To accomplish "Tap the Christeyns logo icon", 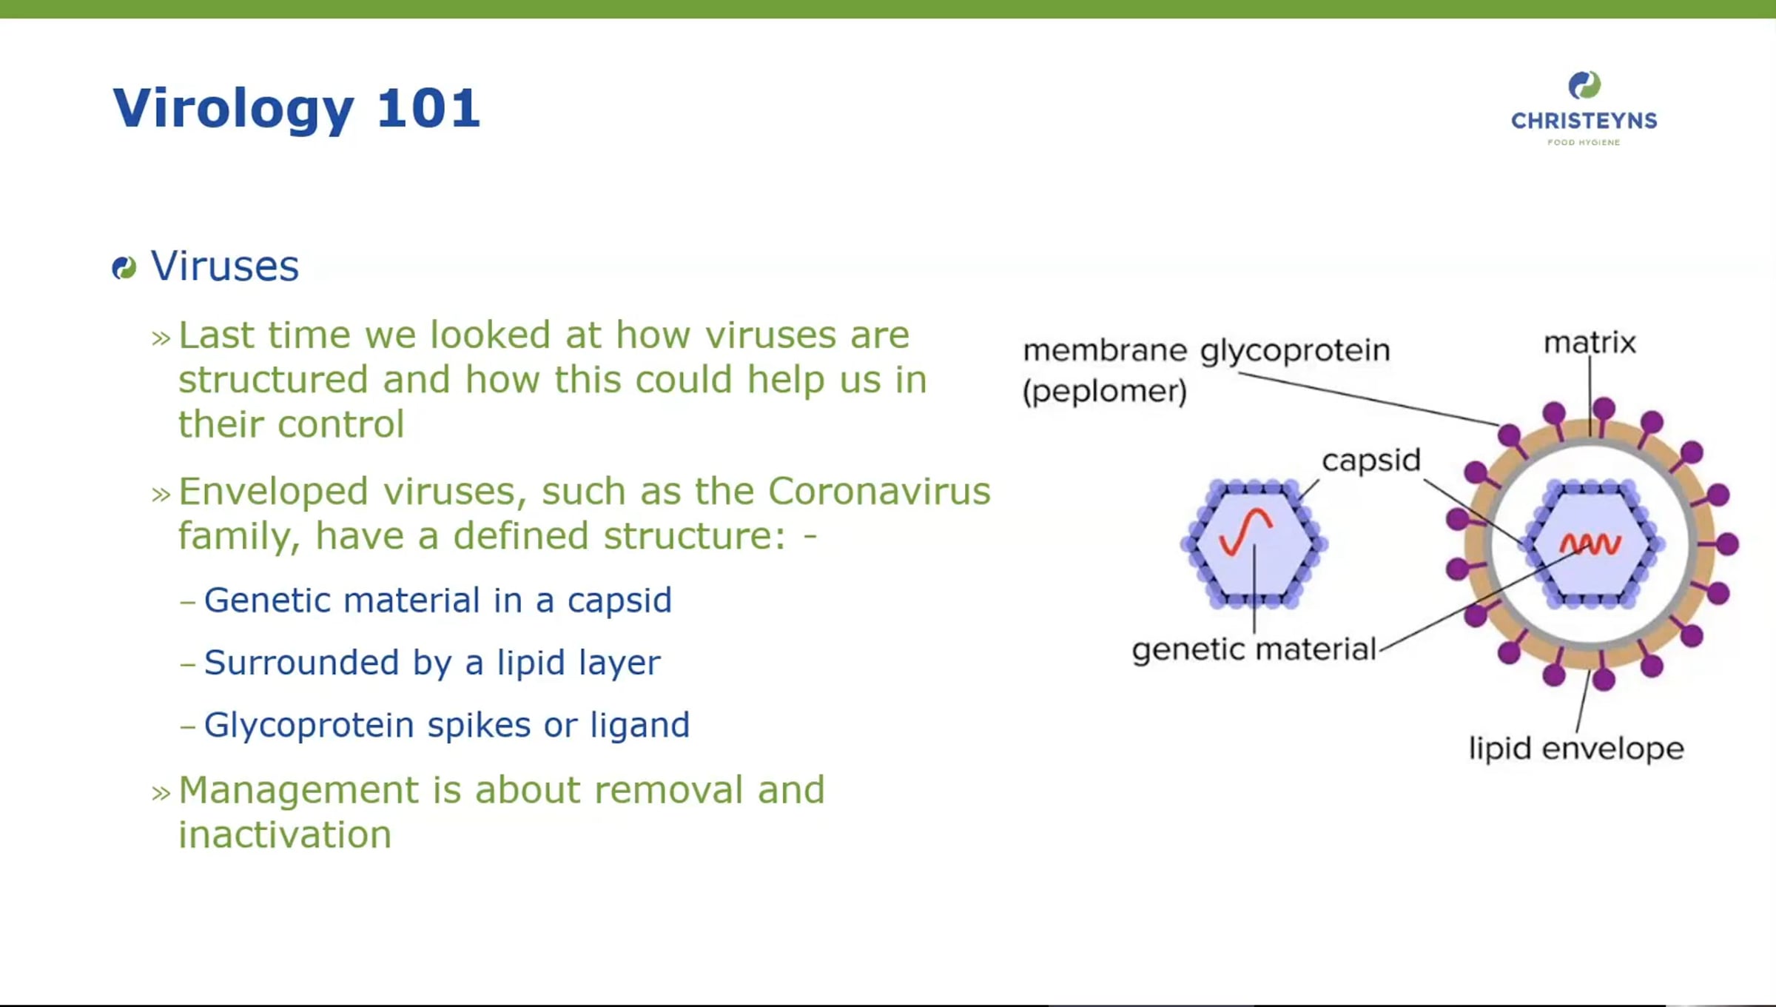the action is (1584, 85).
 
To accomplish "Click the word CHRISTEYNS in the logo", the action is (1584, 121).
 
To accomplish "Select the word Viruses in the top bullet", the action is (225, 266).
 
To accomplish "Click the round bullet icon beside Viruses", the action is (124, 267).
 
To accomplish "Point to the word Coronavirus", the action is (879, 491).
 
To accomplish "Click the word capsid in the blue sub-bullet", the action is (619, 601).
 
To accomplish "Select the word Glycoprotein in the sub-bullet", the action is (309, 726).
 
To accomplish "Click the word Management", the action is (298, 790).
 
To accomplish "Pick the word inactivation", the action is (285, 835).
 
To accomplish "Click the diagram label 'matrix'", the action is (1590, 343).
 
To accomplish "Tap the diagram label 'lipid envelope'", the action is (1576, 749).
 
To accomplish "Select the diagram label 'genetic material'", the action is (1254, 650).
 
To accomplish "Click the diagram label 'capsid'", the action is (1371, 461).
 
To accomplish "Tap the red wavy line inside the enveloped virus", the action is (1590, 544).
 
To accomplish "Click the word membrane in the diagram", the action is (1105, 350).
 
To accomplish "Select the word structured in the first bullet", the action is (273, 380).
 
